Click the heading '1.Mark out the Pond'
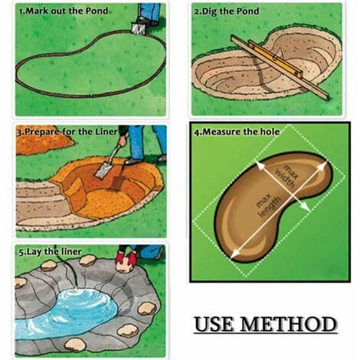(64, 11)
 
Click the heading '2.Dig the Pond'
(227, 11)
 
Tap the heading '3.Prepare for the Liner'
(67, 132)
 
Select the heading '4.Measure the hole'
(237, 132)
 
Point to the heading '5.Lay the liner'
(50, 252)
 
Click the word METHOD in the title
(289, 324)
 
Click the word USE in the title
(214, 324)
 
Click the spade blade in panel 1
(138, 28)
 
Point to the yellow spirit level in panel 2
(276, 60)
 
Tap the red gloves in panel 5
(126, 259)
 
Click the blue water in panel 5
(67, 313)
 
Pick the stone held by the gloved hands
(125, 266)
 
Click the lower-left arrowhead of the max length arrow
(235, 254)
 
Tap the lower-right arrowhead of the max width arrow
(306, 207)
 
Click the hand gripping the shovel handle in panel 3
(123, 141)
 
